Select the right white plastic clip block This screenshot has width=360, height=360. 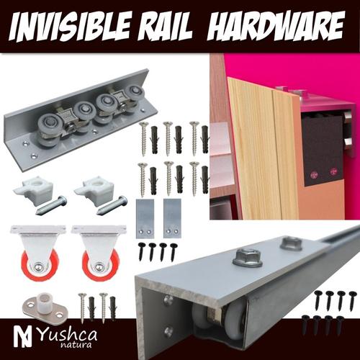click(94, 192)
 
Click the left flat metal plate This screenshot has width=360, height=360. click(145, 219)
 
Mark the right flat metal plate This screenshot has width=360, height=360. click(172, 219)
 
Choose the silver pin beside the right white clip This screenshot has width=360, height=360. click(112, 204)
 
